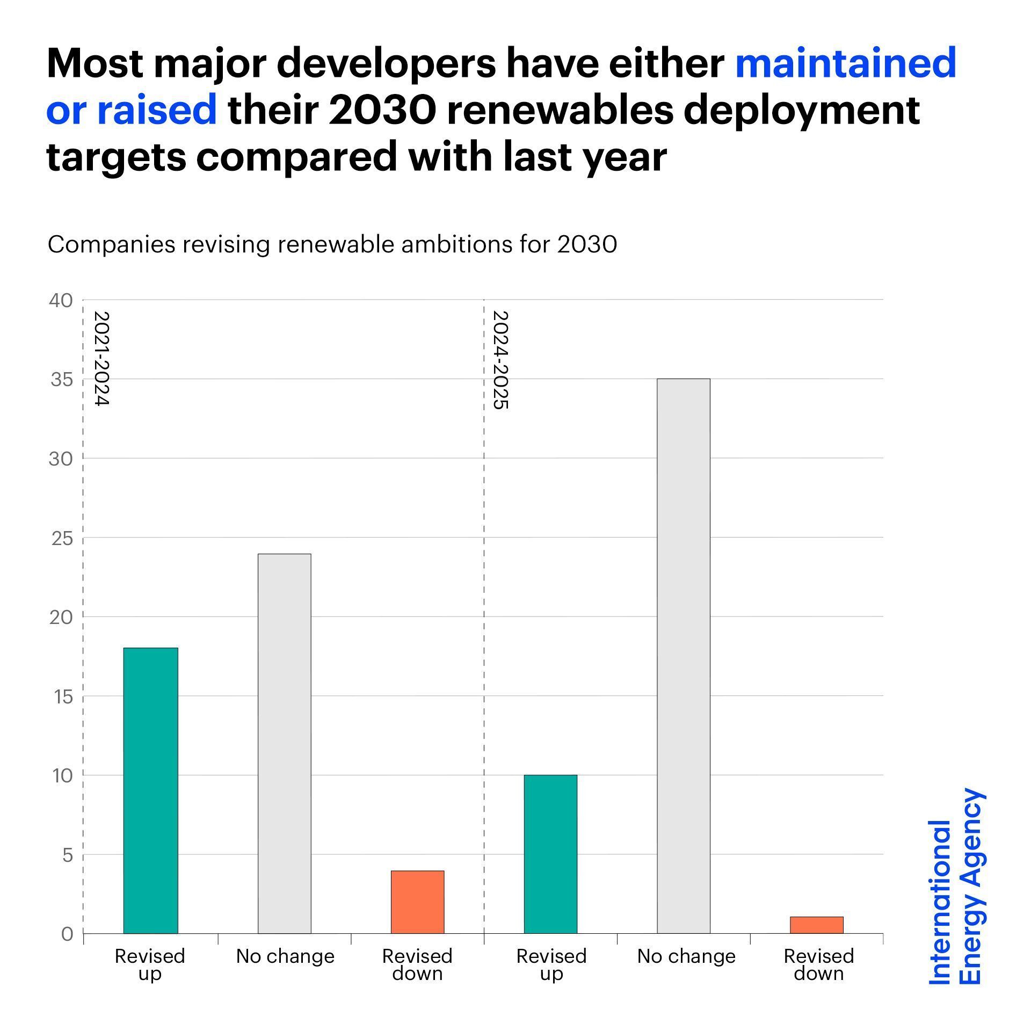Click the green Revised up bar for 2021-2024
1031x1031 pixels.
point(150,790)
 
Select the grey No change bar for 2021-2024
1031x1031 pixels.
point(284,744)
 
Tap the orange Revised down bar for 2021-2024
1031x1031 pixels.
point(417,902)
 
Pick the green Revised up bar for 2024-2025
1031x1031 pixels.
point(550,854)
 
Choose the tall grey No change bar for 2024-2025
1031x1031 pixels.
point(684,656)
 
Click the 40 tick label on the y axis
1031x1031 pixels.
point(61,301)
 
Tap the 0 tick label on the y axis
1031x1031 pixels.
point(67,934)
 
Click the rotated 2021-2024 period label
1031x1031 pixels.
point(101,358)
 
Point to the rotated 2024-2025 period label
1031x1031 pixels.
point(500,360)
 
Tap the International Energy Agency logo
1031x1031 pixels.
point(956,886)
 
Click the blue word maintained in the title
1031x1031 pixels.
point(846,63)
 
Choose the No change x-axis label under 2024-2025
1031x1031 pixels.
point(686,956)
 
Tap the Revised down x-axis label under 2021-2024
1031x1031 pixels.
point(417,964)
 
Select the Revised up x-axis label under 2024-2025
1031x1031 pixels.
point(551,964)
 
